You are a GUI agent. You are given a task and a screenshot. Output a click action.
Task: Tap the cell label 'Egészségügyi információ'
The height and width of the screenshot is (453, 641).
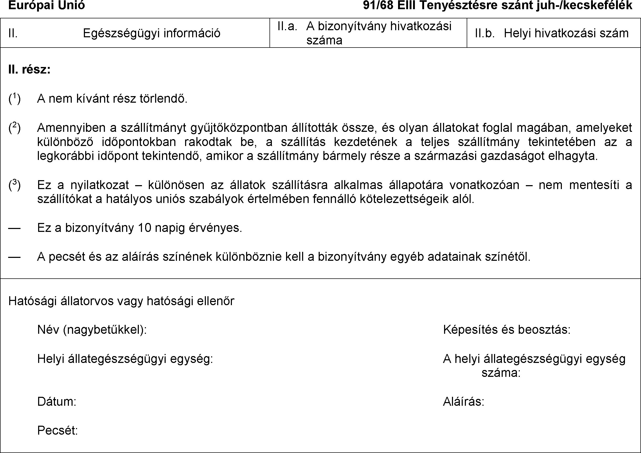pos(151,33)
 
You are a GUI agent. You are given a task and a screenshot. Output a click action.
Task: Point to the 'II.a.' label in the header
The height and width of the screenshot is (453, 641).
pos(287,26)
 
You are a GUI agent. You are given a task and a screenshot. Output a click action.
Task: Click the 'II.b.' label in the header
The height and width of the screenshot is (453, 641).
pos(485,33)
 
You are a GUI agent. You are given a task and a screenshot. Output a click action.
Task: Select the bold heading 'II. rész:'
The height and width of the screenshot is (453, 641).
pos(29,69)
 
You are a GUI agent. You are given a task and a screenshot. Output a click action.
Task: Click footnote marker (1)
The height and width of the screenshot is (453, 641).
pos(14,98)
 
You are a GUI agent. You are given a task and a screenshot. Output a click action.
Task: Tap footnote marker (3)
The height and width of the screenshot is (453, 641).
pos(14,185)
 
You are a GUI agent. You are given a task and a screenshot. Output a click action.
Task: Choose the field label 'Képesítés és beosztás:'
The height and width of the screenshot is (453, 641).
pos(507,330)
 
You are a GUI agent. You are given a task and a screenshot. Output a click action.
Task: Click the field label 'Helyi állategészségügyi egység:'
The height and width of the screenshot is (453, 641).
pos(125,359)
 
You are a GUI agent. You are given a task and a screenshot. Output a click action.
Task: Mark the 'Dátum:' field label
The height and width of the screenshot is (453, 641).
pos(57,402)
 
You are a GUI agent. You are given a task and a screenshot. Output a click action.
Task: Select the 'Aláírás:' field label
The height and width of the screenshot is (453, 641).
pos(463,402)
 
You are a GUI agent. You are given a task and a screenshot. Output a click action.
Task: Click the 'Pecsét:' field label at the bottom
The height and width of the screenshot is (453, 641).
pos(58,430)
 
